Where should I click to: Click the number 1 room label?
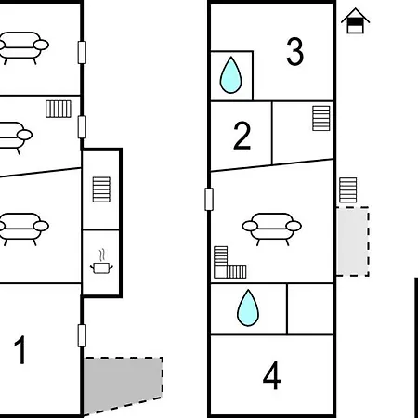(x=20, y=349)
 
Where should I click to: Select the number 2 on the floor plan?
(x=242, y=136)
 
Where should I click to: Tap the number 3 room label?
(x=294, y=51)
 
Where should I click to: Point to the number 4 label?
(x=271, y=375)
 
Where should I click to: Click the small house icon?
(x=355, y=20)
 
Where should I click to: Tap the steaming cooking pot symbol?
(x=101, y=262)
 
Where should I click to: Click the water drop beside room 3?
(x=230, y=74)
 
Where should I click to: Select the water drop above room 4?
(x=248, y=307)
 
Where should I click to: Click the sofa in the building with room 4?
(x=272, y=229)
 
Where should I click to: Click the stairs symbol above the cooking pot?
(x=101, y=189)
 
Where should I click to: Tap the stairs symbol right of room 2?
(x=321, y=118)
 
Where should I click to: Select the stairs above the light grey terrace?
(x=348, y=190)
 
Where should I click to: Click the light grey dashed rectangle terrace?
(x=353, y=242)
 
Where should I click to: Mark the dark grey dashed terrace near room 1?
(x=123, y=385)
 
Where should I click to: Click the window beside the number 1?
(x=82, y=335)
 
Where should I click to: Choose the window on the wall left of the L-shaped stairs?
(x=209, y=199)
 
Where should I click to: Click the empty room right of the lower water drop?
(x=310, y=308)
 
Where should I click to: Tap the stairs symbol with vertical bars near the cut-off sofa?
(x=59, y=109)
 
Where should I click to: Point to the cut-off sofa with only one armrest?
(x=15, y=137)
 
